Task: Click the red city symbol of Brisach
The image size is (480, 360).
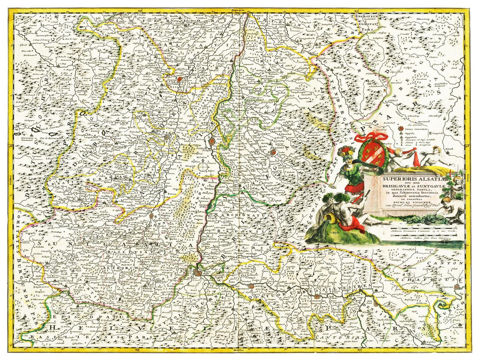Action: (x=212, y=142)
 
